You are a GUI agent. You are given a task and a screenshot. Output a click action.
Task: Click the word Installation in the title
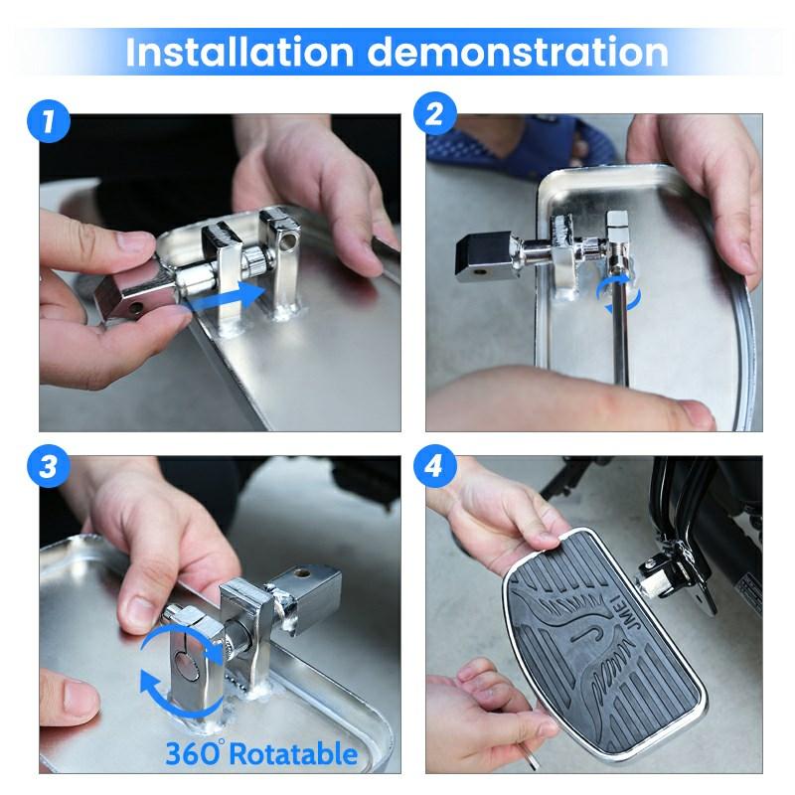[239, 52]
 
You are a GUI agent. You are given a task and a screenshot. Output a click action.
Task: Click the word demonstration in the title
[518, 52]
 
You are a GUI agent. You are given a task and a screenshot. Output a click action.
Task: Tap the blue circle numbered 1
[48, 121]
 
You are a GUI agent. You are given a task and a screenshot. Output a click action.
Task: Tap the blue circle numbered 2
[434, 113]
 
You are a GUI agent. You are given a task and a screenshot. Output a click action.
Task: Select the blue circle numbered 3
[48, 466]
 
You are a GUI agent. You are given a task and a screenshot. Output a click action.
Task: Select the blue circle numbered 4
[434, 466]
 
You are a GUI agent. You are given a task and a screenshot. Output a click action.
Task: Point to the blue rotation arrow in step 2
[618, 293]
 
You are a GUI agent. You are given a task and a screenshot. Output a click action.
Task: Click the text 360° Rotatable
[261, 753]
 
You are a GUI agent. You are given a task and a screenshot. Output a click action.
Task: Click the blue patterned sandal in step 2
[523, 145]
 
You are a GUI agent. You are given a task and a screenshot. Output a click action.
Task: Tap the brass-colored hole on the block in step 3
[303, 574]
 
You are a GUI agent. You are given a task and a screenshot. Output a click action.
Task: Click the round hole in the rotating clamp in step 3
[186, 665]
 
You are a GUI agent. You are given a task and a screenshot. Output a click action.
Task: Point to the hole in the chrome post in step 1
[289, 241]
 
